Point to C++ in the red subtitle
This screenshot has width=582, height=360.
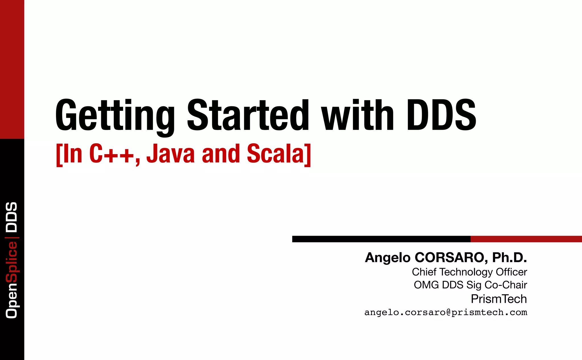[x=111, y=154]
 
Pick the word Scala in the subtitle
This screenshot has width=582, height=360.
[x=276, y=154]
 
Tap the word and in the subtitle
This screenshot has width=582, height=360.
[x=221, y=154]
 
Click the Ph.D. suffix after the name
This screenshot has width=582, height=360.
[x=510, y=258]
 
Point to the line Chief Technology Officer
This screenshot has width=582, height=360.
[x=469, y=272]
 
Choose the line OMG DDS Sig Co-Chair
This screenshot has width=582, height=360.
[x=470, y=285]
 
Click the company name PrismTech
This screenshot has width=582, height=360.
[x=499, y=299]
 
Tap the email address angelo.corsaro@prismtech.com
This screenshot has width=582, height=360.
[x=446, y=312]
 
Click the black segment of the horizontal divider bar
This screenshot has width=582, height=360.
[x=381, y=239]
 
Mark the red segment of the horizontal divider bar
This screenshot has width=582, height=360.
[x=526, y=239]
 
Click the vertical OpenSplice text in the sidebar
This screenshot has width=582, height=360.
[x=12, y=280]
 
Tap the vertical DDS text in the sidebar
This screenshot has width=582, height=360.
[x=12, y=217]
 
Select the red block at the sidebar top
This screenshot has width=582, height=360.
[x=12, y=69]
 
